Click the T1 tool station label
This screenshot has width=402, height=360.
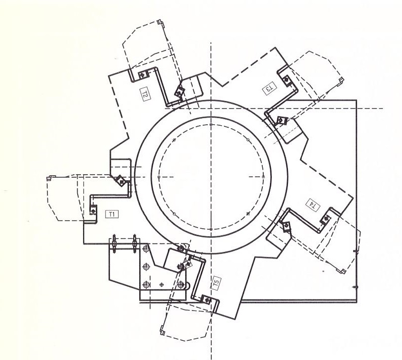coord(112,214)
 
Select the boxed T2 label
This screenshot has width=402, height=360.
coord(145,93)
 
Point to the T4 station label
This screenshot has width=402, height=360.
coord(313,205)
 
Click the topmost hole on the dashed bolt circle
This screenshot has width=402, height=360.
coord(211,125)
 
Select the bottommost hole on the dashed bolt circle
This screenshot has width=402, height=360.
coord(211,229)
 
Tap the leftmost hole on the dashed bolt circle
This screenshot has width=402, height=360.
coord(159,177)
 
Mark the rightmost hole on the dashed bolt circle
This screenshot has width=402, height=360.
coord(263,177)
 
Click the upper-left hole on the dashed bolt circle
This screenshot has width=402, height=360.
coord(174,140)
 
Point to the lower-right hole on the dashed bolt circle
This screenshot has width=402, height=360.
coord(248,214)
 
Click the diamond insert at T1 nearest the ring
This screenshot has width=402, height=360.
coord(120,180)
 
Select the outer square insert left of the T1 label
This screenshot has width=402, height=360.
coord(93,211)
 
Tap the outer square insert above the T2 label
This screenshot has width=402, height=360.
coord(143,75)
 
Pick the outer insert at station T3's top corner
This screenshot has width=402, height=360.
coord(286,80)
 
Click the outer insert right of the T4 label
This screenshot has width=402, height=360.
coord(326,219)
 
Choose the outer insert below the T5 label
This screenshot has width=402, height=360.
coord(207,299)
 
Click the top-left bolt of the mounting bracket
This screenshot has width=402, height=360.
coord(146,248)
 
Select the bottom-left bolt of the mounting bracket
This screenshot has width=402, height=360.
coord(146,285)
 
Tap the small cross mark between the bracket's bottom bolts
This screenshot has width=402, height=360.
coord(161,284)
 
